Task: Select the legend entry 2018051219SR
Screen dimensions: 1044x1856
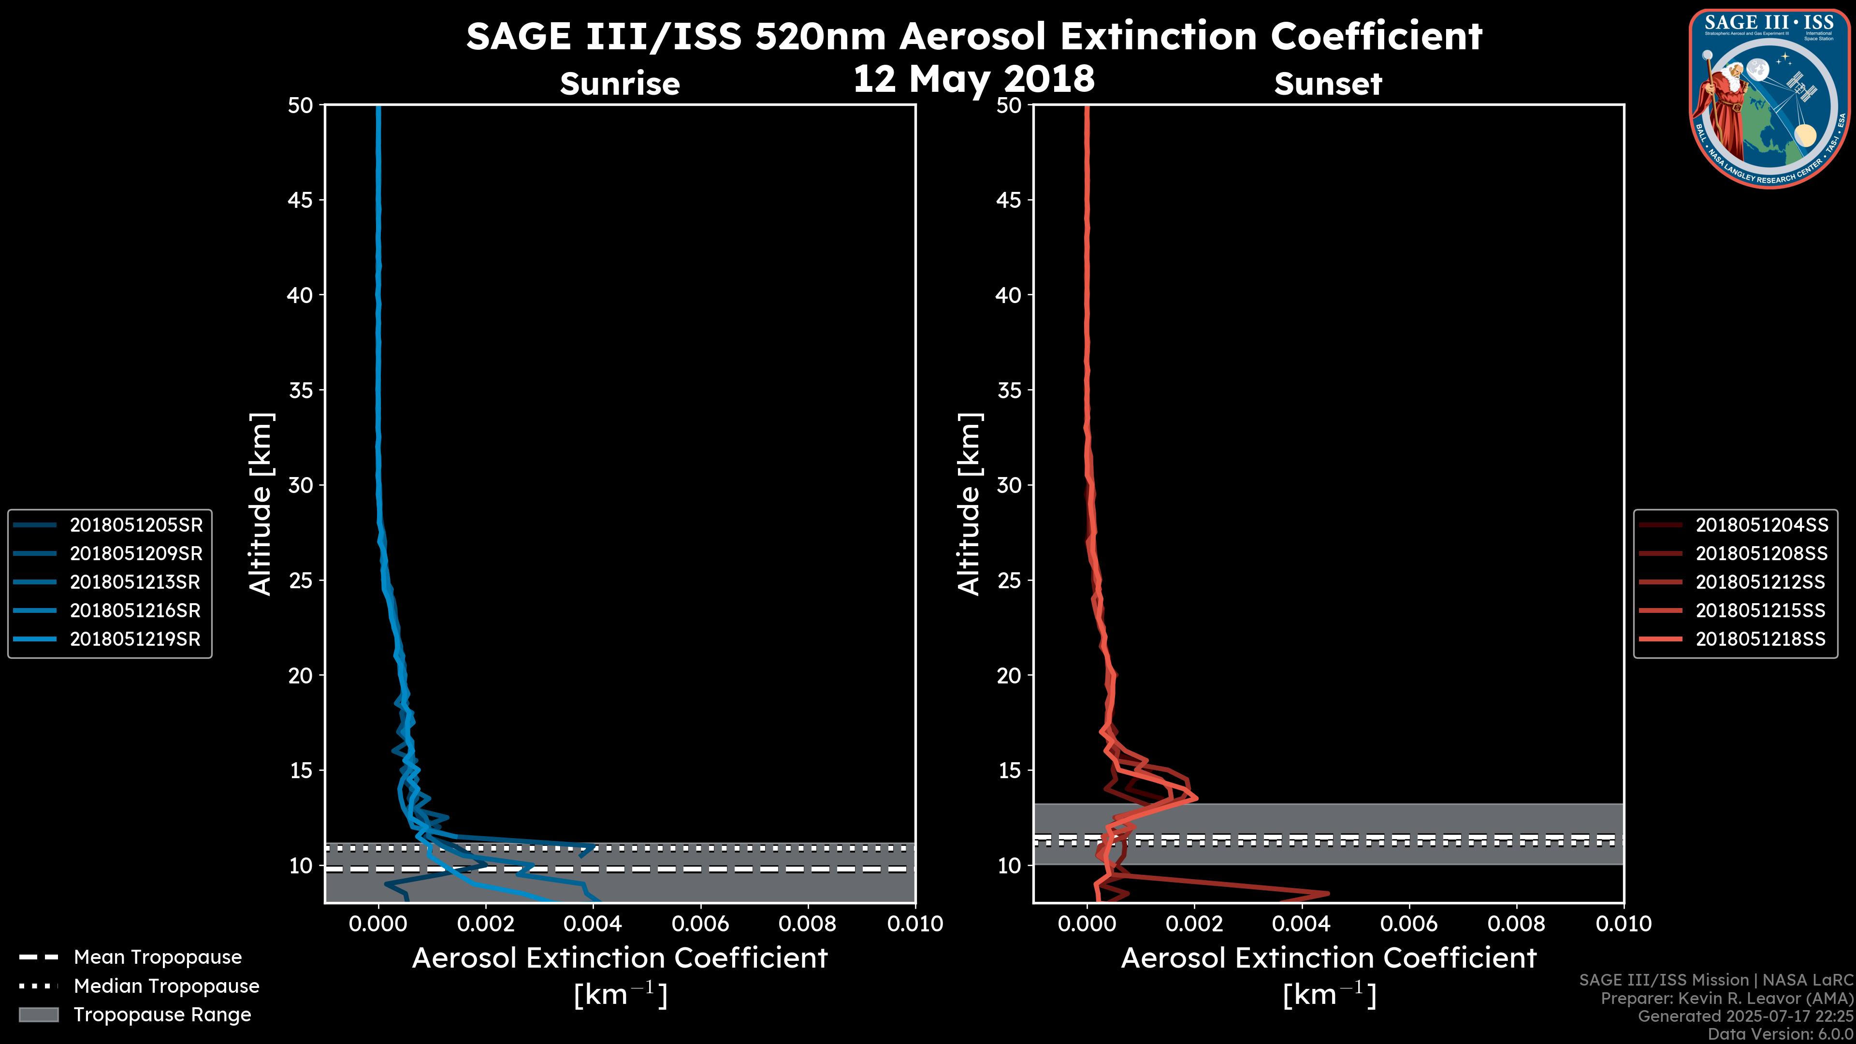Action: (x=135, y=639)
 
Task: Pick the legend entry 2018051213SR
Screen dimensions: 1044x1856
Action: (x=135, y=582)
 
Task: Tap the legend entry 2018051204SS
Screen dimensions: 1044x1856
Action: (x=1761, y=525)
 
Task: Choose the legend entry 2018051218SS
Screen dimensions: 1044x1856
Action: (x=1760, y=639)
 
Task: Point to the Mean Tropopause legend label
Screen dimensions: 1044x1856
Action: (x=158, y=957)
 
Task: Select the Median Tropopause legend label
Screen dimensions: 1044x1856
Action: (x=166, y=986)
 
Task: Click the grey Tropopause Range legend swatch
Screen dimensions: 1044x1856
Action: (x=39, y=1015)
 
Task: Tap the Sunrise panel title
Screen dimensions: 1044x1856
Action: (x=620, y=84)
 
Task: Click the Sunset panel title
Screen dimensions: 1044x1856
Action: (x=1328, y=84)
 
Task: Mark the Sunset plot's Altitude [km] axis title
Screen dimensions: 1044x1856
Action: (x=969, y=504)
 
